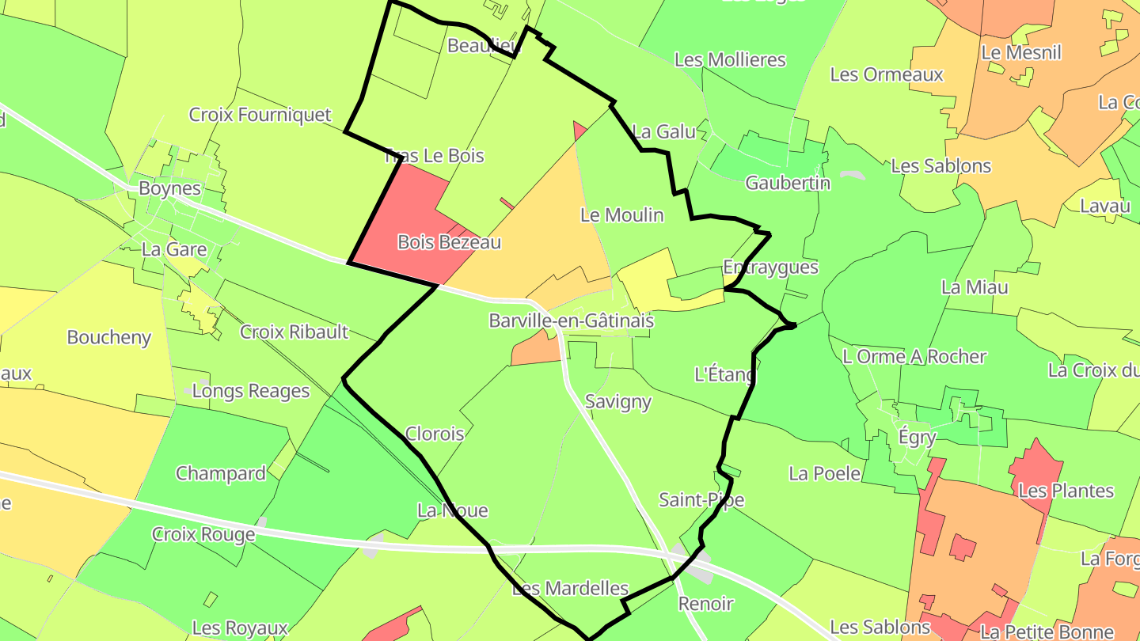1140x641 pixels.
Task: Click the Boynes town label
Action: [x=169, y=188]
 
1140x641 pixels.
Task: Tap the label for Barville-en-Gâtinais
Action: [x=571, y=320]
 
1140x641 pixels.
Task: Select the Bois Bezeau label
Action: [x=449, y=242]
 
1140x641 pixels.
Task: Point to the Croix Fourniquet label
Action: [x=260, y=115]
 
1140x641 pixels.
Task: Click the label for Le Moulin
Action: [x=621, y=214]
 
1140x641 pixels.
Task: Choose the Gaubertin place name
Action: [x=788, y=183]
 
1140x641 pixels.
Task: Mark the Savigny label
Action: [x=617, y=401]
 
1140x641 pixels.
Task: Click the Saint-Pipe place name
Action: [x=701, y=499]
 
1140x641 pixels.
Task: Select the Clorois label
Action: [x=434, y=433]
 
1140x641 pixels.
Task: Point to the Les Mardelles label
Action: [x=570, y=589]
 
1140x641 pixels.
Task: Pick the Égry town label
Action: [x=918, y=436]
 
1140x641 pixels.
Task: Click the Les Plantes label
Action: [x=1066, y=491]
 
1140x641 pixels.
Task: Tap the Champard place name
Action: [x=220, y=473]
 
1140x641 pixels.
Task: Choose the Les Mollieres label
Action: [x=729, y=59]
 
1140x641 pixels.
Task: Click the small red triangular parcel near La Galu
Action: [x=579, y=131]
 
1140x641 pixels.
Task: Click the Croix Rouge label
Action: [x=203, y=534]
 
